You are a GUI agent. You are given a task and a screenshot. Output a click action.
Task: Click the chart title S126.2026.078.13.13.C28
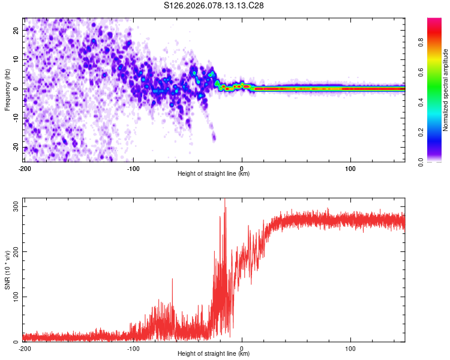pos(214,5)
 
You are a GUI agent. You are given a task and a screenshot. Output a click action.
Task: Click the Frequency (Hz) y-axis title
pos(7,89)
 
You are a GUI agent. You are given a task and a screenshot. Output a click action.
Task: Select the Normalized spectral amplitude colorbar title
pos(446,91)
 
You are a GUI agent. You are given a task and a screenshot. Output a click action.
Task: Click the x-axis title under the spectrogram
pos(214,174)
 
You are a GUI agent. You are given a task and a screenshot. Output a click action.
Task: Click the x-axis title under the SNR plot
pos(214,354)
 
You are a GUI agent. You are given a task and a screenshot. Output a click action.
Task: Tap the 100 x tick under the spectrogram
pos(350,167)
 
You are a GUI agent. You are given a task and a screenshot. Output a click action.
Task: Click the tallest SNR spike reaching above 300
pos(225,200)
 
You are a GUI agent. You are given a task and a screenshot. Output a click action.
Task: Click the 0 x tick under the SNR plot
pos(242,347)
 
